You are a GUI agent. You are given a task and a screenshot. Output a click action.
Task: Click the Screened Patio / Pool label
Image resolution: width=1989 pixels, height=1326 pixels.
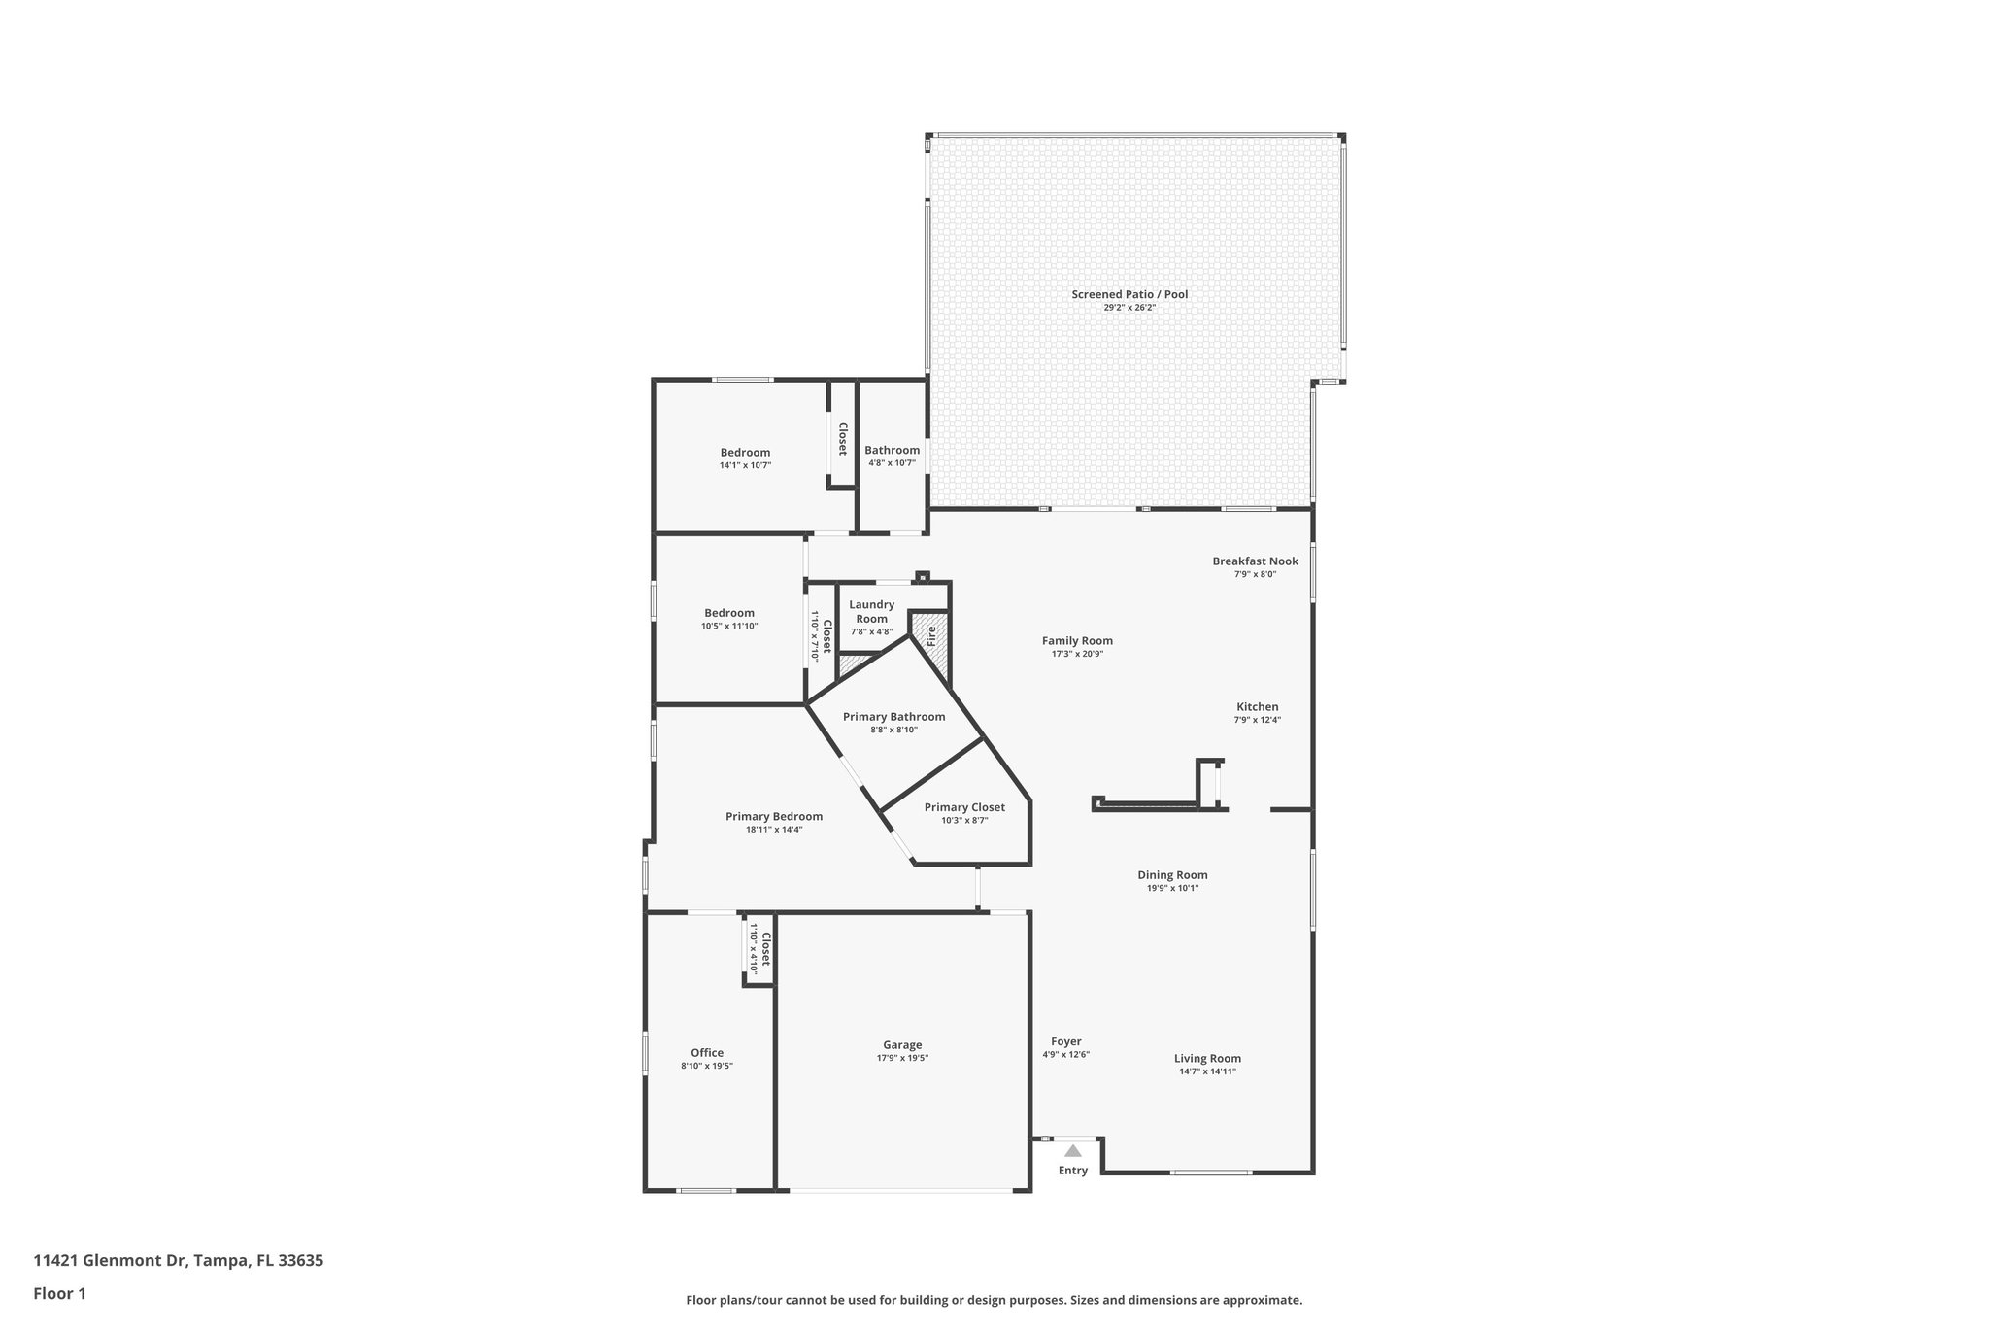tap(1129, 294)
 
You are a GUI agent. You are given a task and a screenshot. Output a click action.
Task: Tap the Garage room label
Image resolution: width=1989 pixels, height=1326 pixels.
tap(902, 1045)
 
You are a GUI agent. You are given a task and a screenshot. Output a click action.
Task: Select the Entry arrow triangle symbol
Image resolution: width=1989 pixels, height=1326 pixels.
tap(1072, 1151)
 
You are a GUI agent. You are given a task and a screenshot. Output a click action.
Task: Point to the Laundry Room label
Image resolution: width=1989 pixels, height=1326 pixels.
tap(871, 611)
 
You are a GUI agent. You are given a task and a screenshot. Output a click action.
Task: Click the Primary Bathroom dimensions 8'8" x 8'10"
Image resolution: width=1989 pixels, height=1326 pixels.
tap(893, 730)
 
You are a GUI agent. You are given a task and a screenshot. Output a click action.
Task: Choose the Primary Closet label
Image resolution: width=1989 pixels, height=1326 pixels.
tap(963, 807)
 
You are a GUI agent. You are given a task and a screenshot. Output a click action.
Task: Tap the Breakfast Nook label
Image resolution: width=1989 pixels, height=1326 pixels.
tap(1255, 561)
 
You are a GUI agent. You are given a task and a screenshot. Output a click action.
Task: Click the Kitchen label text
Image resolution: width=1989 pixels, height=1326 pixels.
tap(1257, 707)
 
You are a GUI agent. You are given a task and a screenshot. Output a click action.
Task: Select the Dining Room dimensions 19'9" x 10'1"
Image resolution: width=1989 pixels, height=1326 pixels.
tap(1172, 888)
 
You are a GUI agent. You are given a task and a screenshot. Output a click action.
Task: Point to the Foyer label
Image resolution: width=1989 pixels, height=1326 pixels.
tap(1065, 1041)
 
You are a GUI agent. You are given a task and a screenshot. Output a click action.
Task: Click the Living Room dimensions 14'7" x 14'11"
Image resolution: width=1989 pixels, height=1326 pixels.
tap(1207, 1071)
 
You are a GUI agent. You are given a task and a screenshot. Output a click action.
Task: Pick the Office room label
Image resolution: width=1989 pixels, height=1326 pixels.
tap(707, 1053)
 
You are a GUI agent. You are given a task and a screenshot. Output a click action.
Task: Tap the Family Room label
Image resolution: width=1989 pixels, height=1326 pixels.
tap(1077, 640)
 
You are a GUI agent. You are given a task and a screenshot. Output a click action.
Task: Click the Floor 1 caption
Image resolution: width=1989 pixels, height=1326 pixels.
tap(59, 1293)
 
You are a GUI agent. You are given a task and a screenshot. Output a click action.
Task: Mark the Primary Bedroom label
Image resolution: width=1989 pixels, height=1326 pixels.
tap(773, 816)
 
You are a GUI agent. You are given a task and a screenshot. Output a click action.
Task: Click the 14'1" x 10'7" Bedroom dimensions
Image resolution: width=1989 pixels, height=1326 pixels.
tap(745, 465)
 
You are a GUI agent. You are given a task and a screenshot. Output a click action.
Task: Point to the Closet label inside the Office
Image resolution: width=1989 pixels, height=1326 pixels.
tap(765, 949)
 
